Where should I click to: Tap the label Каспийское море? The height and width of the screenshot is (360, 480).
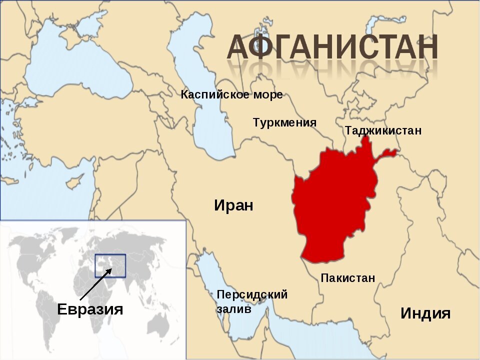pyautogui.click(x=231, y=94)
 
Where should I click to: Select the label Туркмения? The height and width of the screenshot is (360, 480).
pyautogui.click(x=284, y=122)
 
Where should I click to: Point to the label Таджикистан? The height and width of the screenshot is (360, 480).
pyautogui.click(x=383, y=130)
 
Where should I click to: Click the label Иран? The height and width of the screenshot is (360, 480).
pyautogui.click(x=233, y=205)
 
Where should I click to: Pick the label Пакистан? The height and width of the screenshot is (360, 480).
pyautogui.click(x=347, y=278)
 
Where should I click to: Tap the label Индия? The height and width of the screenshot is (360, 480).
pyautogui.click(x=425, y=313)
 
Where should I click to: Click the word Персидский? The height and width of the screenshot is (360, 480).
pyautogui.click(x=252, y=294)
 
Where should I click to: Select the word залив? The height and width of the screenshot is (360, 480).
pyautogui.click(x=233, y=309)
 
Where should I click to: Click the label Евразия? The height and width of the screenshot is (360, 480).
pyautogui.click(x=90, y=309)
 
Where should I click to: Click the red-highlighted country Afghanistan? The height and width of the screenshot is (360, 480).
pyautogui.click(x=332, y=205)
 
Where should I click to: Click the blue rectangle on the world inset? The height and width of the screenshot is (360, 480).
pyautogui.click(x=110, y=265)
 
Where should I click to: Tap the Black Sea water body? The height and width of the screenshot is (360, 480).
pyautogui.click(x=75, y=65)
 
